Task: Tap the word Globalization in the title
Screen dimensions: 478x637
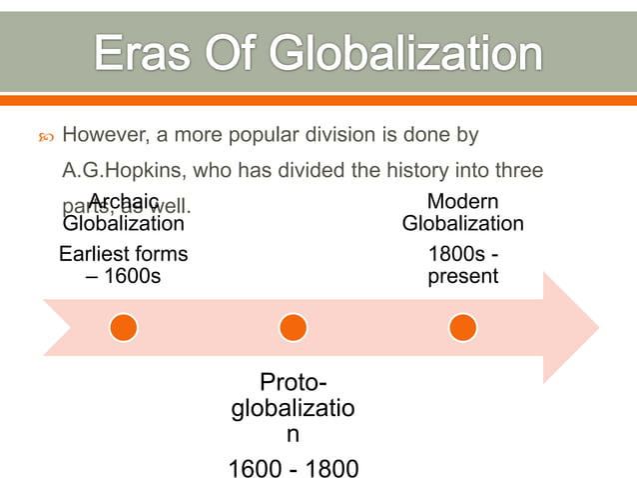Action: point(398,55)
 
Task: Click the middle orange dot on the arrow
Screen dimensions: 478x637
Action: point(293,327)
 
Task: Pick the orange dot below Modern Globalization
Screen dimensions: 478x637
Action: point(462,327)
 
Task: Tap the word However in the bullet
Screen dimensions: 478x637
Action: point(105,134)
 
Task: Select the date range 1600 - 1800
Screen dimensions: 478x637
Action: point(293,468)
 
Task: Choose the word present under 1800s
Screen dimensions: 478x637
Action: point(462,275)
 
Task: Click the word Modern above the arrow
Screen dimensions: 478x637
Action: point(462,202)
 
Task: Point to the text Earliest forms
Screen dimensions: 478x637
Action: point(124,254)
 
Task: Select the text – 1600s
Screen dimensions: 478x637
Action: point(124,275)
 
